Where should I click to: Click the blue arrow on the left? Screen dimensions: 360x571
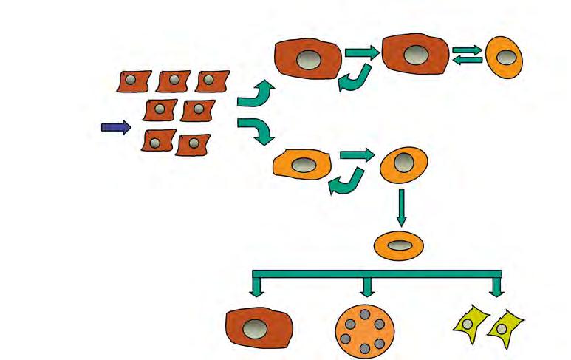coord(115,128)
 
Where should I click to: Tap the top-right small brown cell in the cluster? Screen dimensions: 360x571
coord(211,81)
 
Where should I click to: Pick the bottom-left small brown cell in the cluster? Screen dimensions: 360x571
coord(158,140)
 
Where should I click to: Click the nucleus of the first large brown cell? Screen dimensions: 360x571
coord(306,60)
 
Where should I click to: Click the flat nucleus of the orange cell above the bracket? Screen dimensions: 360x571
coord(400,245)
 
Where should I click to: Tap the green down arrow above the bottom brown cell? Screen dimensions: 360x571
coord(257,285)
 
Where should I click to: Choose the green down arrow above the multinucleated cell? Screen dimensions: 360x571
coord(366,285)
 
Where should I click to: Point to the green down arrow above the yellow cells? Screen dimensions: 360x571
coord(496,285)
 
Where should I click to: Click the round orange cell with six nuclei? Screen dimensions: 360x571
coord(363,326)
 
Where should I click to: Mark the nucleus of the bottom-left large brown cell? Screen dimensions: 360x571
coord(258,327)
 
